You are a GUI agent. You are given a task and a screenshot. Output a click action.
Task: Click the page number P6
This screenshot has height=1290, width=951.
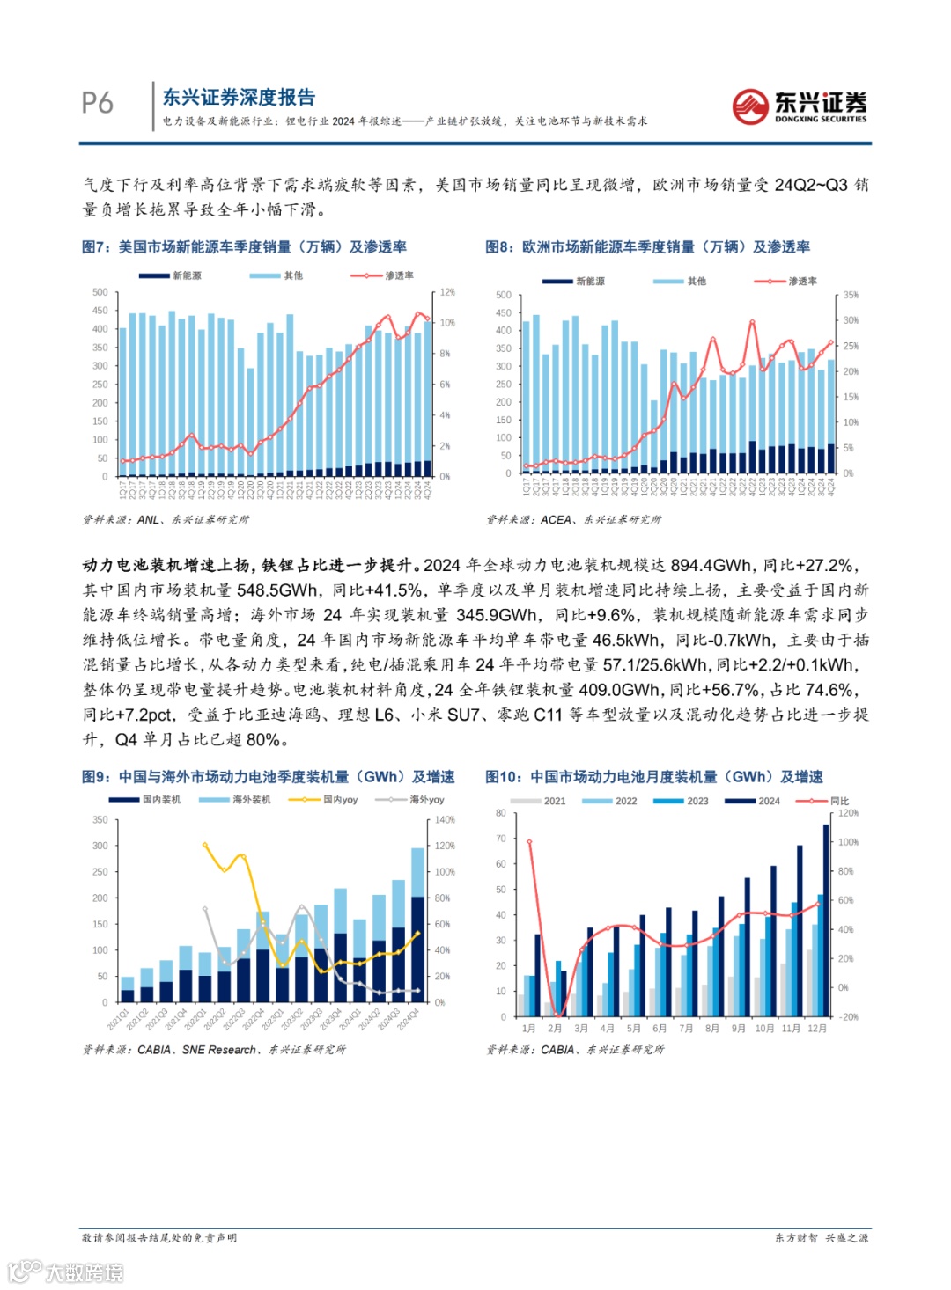pos(98,103)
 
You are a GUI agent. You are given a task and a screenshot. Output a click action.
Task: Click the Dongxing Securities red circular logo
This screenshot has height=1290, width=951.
pos(750,106)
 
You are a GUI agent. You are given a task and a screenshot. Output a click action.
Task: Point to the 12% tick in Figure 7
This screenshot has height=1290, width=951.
pos(447,292)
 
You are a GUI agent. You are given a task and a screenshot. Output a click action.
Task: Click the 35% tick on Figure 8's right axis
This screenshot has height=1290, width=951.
pos(851,295)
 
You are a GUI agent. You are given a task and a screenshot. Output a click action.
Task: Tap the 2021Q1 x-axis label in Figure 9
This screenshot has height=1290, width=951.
pos(118,1022)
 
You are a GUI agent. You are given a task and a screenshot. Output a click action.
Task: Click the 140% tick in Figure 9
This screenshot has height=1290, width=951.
pos(446,819)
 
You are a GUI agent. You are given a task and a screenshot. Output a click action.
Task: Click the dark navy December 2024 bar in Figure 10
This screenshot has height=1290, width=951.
pos(827,920)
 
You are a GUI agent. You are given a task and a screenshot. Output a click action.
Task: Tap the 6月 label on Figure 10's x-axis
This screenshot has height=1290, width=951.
pos(660,1029)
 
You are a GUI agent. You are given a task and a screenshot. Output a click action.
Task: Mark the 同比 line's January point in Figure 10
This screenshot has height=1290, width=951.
pos(529,842)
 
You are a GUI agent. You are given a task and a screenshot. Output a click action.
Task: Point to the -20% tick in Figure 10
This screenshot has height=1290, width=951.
pos(848,1016)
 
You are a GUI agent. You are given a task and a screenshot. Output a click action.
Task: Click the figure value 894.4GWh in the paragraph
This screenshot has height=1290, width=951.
pos(711,566)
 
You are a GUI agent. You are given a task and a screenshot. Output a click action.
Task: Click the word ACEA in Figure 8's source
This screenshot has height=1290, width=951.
pos(556,520)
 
